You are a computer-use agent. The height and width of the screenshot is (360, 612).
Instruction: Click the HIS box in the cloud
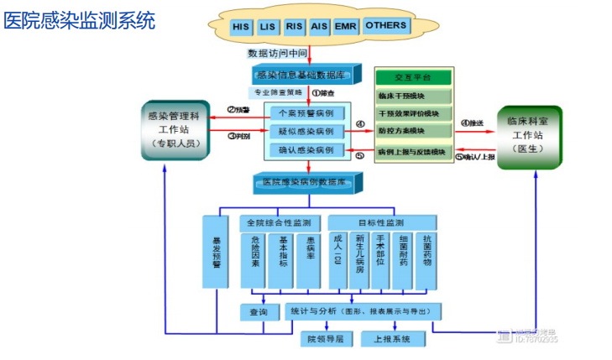click(x=240, y=27)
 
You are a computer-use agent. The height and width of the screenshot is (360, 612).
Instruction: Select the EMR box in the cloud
click(x=345, y=27)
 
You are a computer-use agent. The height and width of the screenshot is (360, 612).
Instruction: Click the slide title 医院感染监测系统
click(x=80, y=21)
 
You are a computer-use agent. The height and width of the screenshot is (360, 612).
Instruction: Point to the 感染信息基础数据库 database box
click(x=306, y=74)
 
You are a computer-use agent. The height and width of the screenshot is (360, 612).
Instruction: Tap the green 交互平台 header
click(x=415, y=77)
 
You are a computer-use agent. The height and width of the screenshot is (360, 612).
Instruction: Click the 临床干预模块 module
click(x=415, y=96)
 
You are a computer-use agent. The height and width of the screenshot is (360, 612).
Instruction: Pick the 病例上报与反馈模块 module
click(x=415, y=151)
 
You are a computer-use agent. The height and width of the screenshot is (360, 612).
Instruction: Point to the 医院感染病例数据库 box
click(x=306, y=182)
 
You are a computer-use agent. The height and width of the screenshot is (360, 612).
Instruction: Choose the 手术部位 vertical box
click(x=380, y=258)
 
